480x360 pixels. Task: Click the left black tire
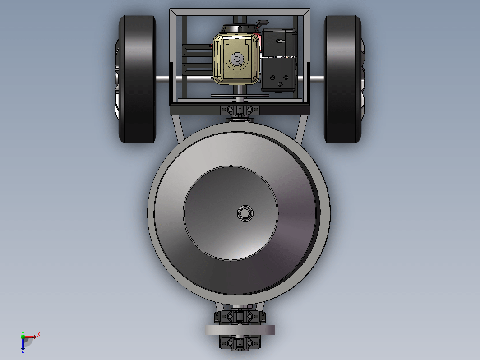pyautogui.click(x=138, y=79)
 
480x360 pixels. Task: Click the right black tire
pyautogui.click(x=342, y=79)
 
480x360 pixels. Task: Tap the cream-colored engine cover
pyautogui.click(x=236, y=59)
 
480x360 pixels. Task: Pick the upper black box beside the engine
pyautogui.click(x=279, y=42)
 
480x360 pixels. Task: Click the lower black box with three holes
pyautogui.click(x=279, y=75)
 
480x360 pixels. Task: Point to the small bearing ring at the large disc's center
pyautogui.click(x=245, y=213)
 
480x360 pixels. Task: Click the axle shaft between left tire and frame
pyautogui.click(x=163, y=79)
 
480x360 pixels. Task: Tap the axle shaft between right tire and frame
pyautogui.click(x=317, y=79)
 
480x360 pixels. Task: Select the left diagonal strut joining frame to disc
pyautogui.click(x=178, y=129)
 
